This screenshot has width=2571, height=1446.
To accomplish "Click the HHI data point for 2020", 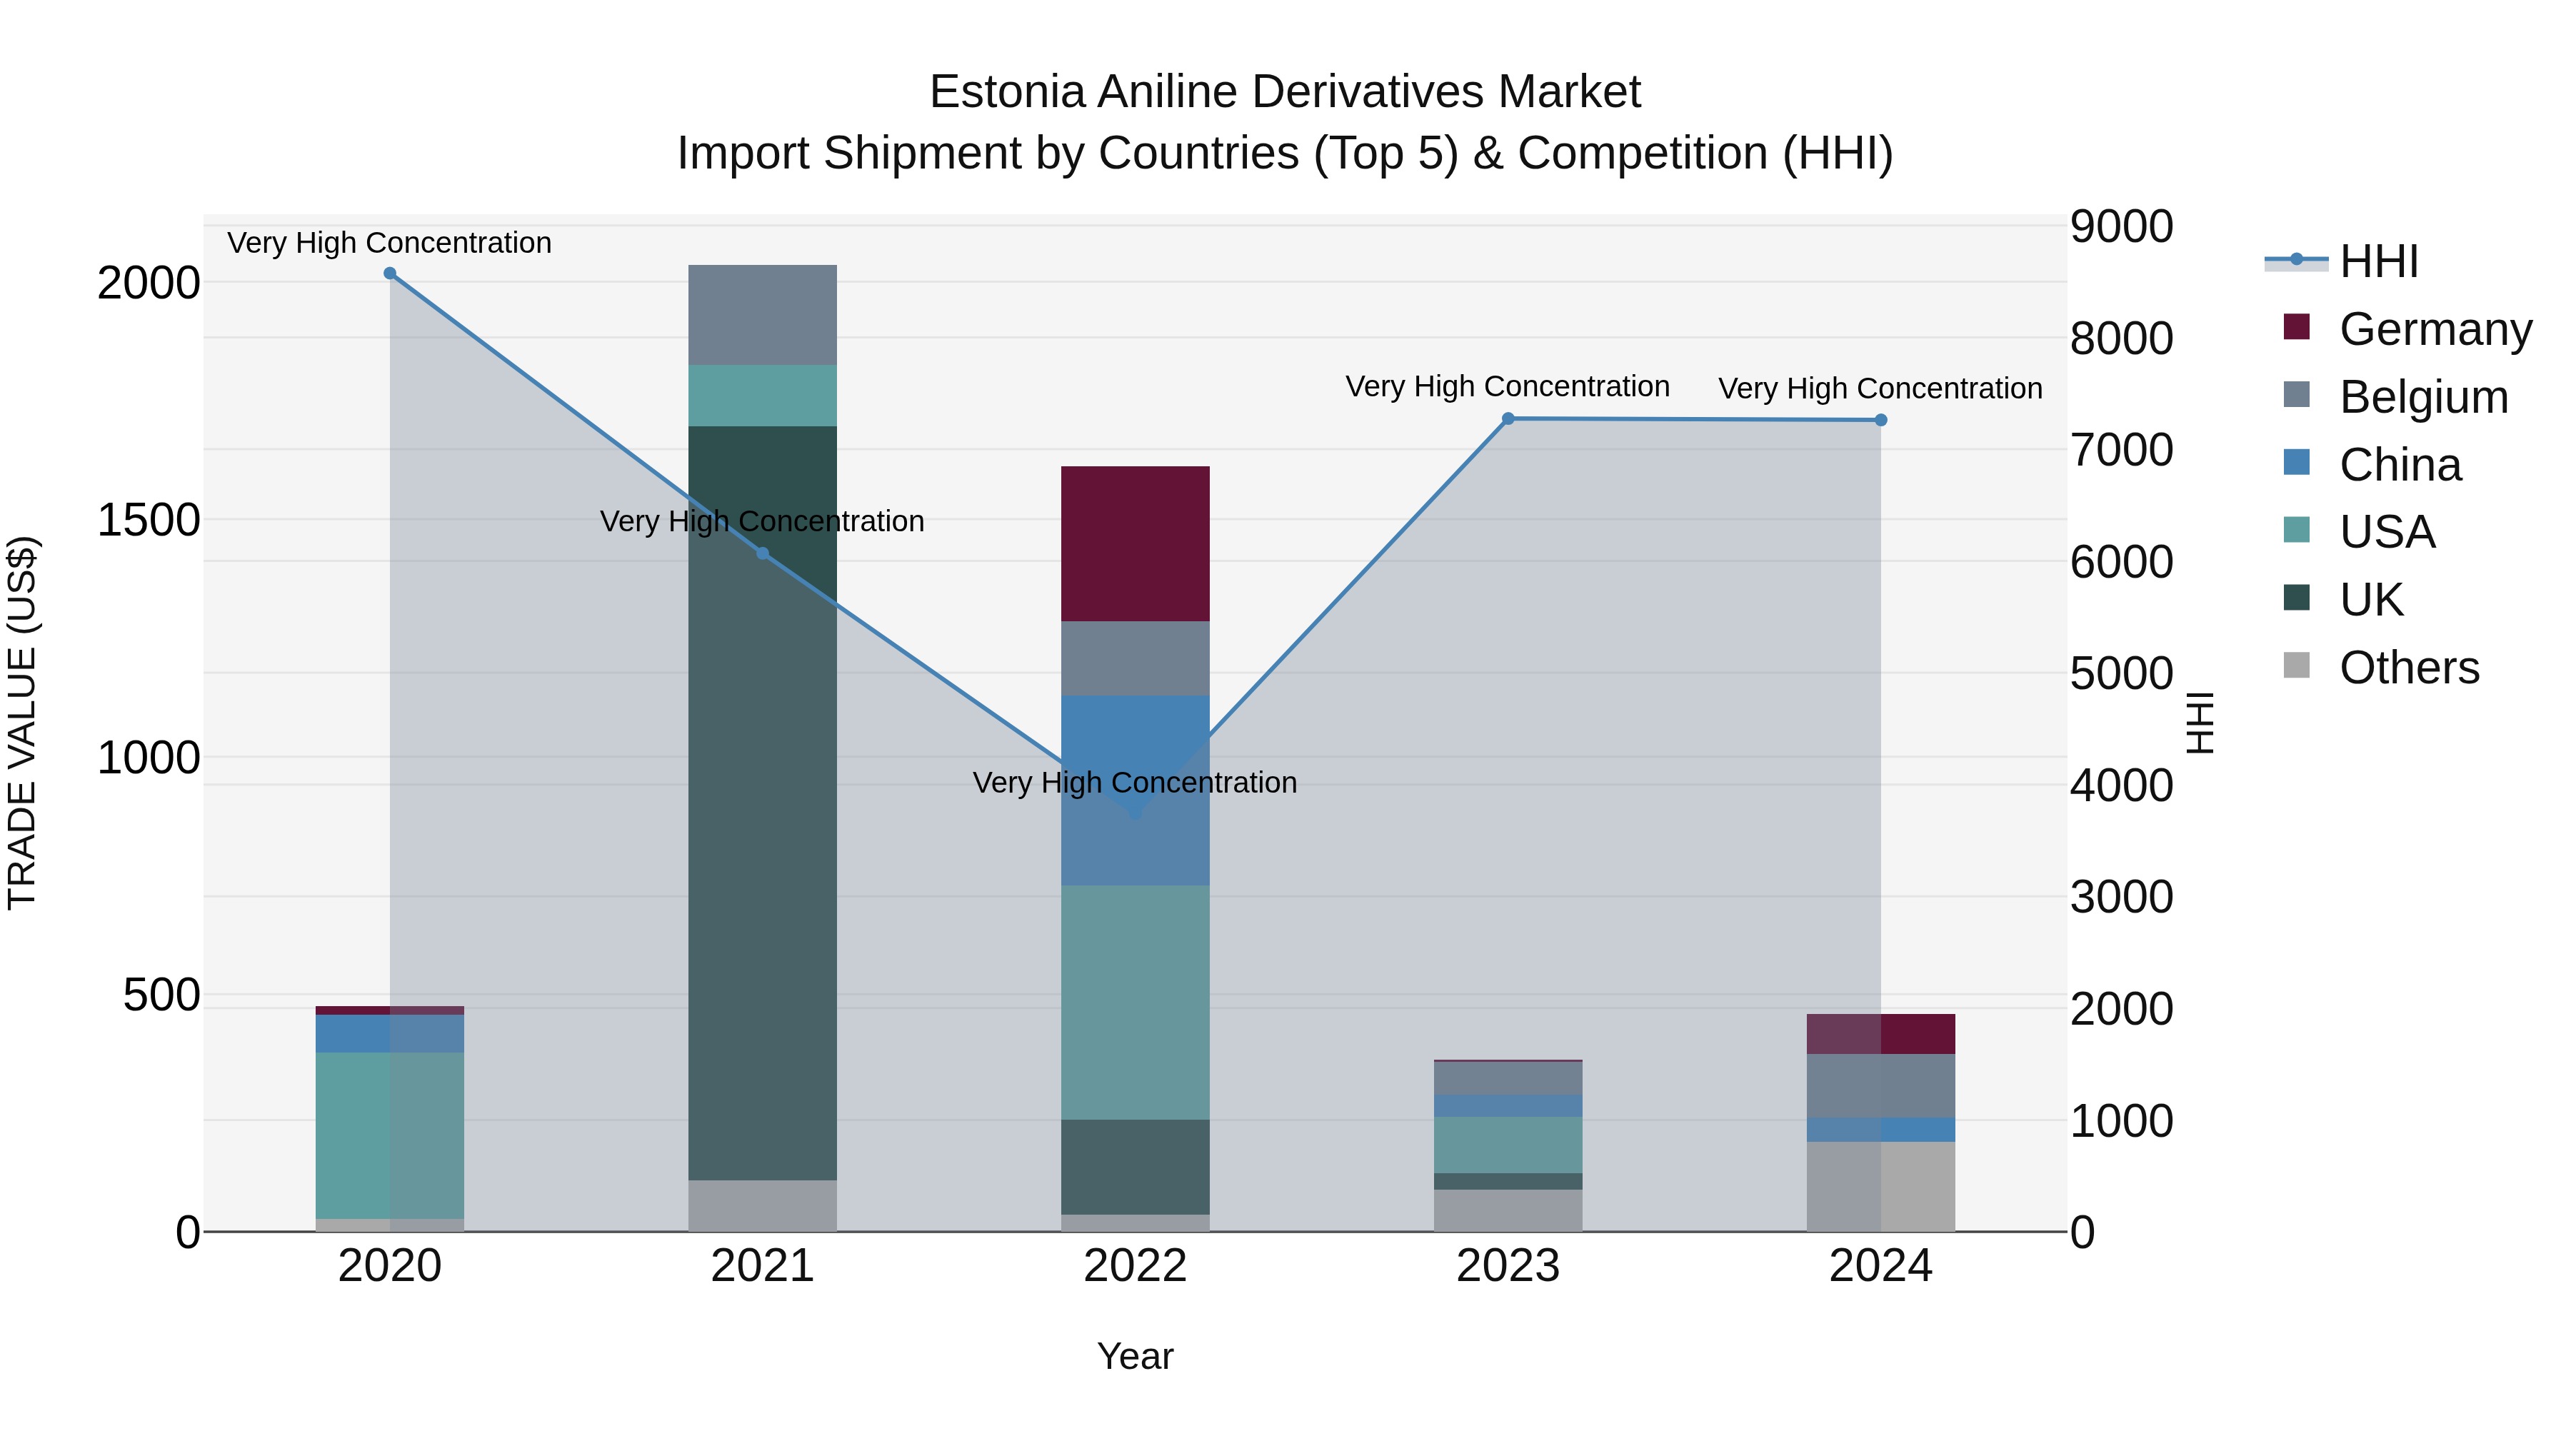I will point(389,273).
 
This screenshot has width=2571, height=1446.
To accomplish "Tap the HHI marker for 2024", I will point(1880,420).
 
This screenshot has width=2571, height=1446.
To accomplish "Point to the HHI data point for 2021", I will point(763,553).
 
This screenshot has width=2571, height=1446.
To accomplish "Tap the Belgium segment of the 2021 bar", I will point(763,314).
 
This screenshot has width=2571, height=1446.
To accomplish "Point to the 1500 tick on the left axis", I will point(148,520).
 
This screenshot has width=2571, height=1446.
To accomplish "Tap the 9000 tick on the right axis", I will point(2121,226).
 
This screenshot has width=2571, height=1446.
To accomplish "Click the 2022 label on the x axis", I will point(1135,1266).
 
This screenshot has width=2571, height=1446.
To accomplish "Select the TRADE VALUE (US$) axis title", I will point(22,723).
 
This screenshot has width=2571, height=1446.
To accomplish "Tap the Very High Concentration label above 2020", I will point(389,243).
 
